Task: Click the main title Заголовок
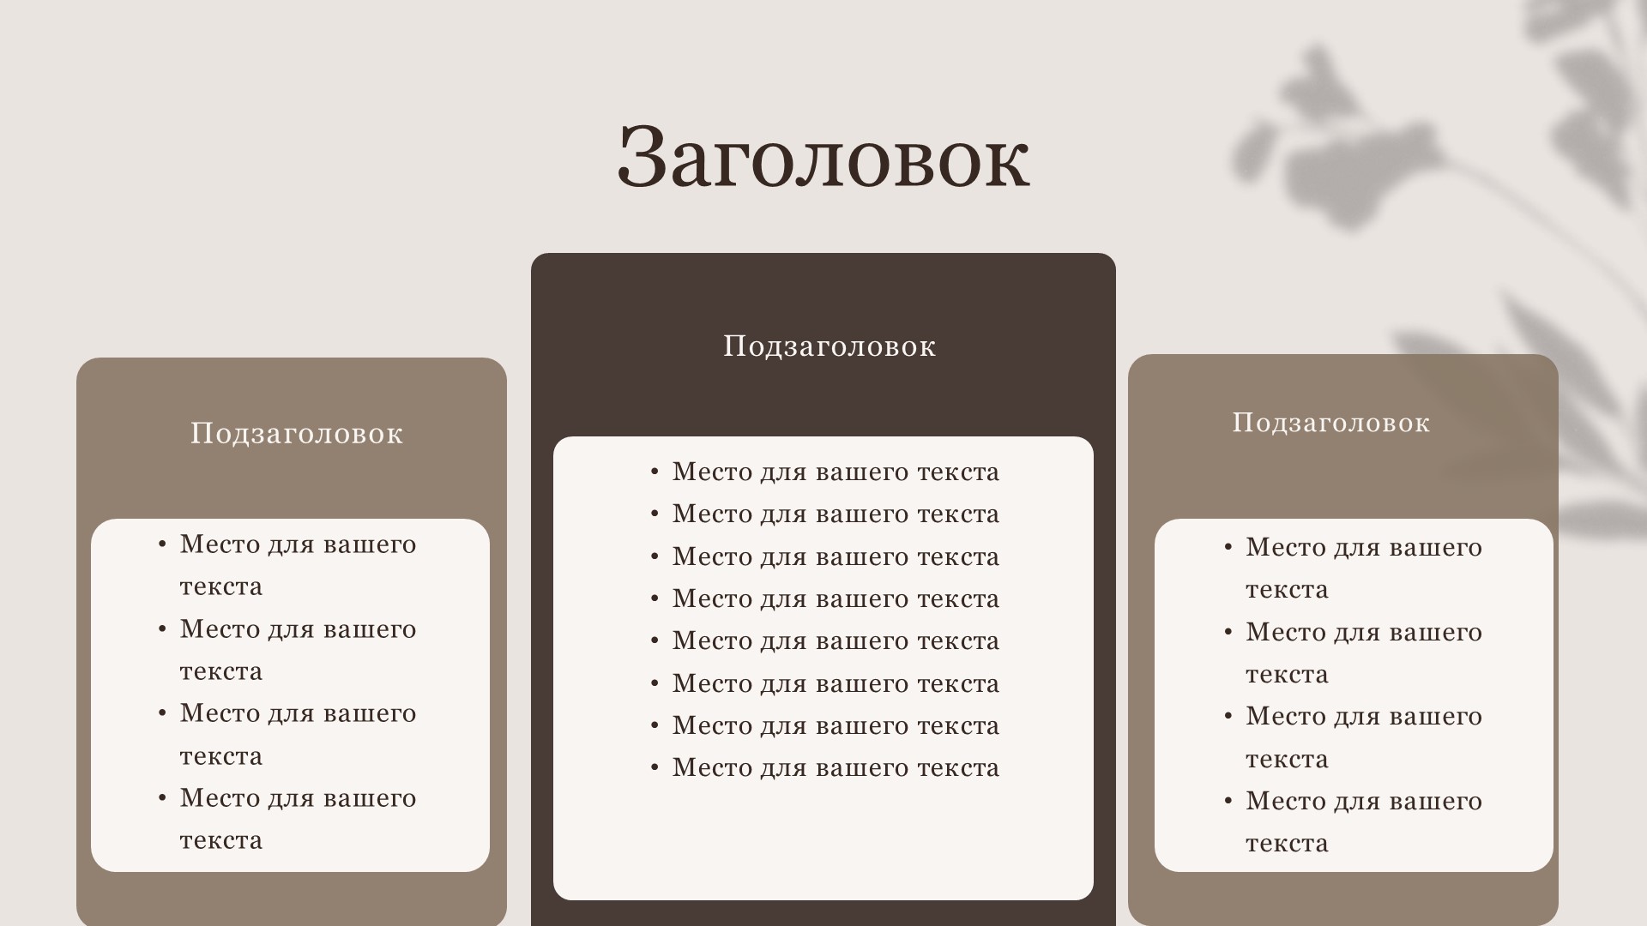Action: pyautogui.click(x=823, y=157)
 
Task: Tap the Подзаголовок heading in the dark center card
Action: pyautogui.click(x=830, y=346)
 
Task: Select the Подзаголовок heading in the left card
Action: pyautogui.click(x=297, y=434)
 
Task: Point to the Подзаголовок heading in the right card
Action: pyautogui.click(x=1331, y=423)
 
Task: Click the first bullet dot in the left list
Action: pyautogui.click(x=162, y=544)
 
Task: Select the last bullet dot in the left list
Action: pyautogui.click(x=162, y=798)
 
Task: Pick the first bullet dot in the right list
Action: pyautogui.click(x=1228, y=547)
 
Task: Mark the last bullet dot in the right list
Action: pyautogui.click(x=1228, y=801)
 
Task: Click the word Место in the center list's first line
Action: pyautogui.click(x=712, y=472)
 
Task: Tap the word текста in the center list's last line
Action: pyautogui.click(x=958, y=768)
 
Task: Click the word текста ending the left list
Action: pyautogui.click(x=221, y=840)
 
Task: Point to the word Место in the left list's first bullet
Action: pyautogui.click(x=220, y=544)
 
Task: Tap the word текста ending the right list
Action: pyautogui.click(x=1287, y=844)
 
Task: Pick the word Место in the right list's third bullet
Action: pyautogui.click(x=1285, y=717)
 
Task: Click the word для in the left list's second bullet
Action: pyautogui.click(x=291, y=630)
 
